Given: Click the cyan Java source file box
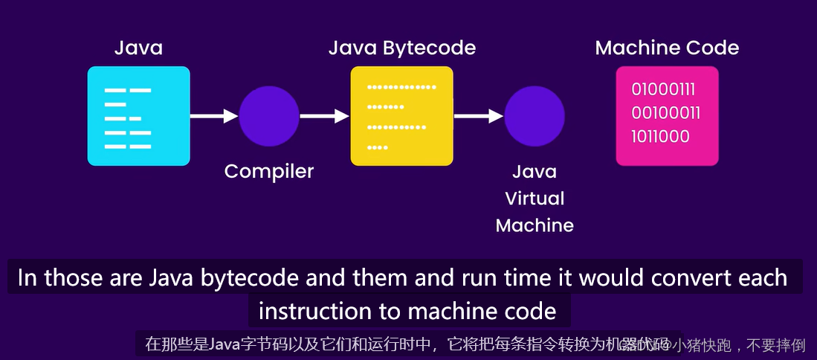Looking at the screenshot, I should [138, 115].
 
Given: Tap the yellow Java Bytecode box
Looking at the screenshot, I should [401, 115].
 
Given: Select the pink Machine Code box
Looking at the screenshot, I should [667, 115].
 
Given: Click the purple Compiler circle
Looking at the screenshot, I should [269, 115].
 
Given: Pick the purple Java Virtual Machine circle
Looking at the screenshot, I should [535, 115].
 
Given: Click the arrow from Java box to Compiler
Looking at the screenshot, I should [214, 115].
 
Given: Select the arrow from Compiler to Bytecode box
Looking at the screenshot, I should [324, 115].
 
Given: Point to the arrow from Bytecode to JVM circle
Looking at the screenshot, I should [479, 115].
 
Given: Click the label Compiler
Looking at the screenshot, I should [269, 171].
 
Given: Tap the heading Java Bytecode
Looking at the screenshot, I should [402, 48].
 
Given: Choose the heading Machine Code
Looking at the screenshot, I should [667, 48].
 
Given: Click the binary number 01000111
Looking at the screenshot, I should [663, 90].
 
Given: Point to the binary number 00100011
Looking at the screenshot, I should [665, 113].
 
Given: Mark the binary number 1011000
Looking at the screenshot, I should [660, 136].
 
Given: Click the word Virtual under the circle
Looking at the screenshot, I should [535, 199].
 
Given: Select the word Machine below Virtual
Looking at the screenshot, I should [535, 225].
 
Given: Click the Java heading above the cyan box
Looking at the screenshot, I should [138, 48].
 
